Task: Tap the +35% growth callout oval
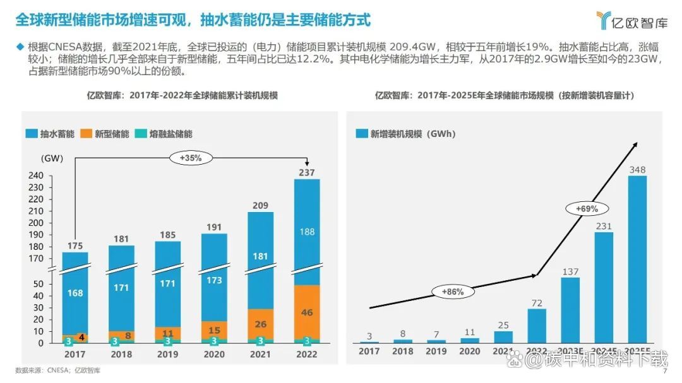click(x=190, y=158)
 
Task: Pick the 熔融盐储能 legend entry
click(x=164, y=134)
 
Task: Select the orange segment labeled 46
click(x=307, y=312)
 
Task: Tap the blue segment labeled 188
click(x=307, y=232)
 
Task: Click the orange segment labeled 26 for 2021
click(x=260, y=324)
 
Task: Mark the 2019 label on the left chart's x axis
click(x=167, y=355)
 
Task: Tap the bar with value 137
click(x=570, y=310)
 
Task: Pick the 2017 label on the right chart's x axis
click(x=369, y=351)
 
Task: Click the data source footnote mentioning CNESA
click(x=57, y=370)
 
